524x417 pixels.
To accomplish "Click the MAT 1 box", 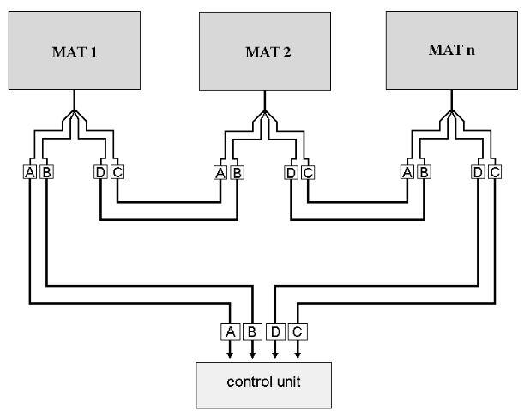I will click(76, 51).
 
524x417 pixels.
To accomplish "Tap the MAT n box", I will click(450, 51).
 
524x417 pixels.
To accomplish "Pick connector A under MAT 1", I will click(30, 173).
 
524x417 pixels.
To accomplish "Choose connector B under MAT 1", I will click(47, 173).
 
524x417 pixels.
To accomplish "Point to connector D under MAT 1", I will click(100, 173).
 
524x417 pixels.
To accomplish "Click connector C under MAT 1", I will click(117, 173).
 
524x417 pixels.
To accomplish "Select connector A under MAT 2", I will click(220, 173).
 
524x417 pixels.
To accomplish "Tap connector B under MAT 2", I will click(238, 173).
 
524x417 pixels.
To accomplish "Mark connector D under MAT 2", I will click(291, 173).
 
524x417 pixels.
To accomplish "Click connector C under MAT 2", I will click(308, 173).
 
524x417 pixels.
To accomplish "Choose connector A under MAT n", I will click(407, 173).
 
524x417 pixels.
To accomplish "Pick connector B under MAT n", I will click(424, 173).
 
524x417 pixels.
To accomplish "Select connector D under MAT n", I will click(478, 173).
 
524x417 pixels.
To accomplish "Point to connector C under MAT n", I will click(495, 173).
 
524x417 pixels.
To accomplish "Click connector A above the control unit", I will click(230, 331).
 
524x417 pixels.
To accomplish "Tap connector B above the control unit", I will click(253, 331).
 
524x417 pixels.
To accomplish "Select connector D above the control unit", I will click(275, 331).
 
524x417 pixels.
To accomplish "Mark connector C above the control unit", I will click(298, 331).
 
